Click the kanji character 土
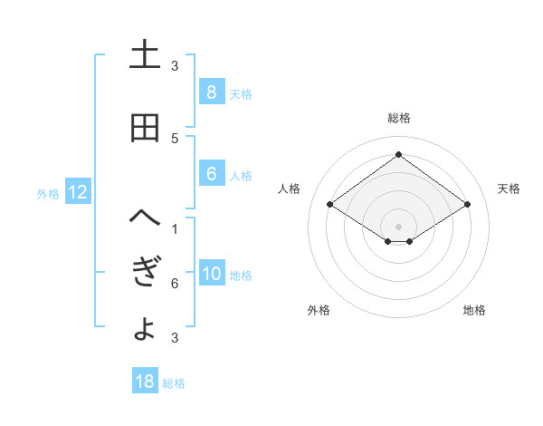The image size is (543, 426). click(x=145, y=55)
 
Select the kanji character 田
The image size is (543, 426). click(x=145, y=129)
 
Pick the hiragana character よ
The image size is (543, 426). click(x=145, y=328)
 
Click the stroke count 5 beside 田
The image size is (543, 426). click(x=175, y=139)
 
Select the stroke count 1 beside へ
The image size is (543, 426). click(x=175, y=229)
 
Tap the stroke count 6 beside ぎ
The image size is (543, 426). click(x=175, y=285)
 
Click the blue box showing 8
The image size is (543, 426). click(x=211, y=92)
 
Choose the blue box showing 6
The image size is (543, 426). click(x=211, y=175)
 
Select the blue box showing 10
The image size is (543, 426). click(x=211, y=275)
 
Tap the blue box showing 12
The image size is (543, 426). click(x=78, y=192)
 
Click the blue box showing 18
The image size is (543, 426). click(x=145, y=382)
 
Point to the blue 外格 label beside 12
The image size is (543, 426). click(x=48, y=193)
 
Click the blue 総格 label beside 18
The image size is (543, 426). click(x=174, y=383)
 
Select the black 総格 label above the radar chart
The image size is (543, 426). click(x=398, y=119)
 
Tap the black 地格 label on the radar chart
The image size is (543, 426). click(x=474, y=311)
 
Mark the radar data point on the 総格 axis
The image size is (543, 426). click(x=398, y=155)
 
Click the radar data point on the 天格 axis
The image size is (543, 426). click(x=467, y=205)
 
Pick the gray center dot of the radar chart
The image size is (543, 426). click(x=398, y=225)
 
